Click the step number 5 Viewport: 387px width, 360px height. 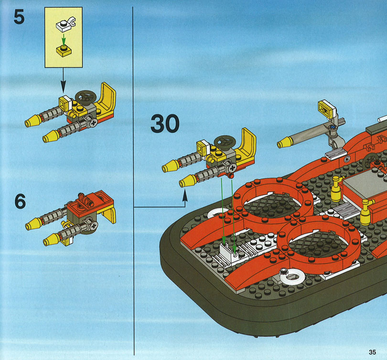pyautogui.click(x=19, y=17)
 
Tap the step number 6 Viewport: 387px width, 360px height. pyautogui.click(x=20, y=201)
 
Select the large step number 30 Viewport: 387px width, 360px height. pyautogui.click(x=165, y=124)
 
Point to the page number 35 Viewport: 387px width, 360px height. pyautogui.click(x=372, y=352)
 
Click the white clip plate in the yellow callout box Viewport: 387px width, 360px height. pyautogui.click(x=65, y=24)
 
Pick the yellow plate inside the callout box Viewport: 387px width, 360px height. pyautogui.click(x=64, y=51)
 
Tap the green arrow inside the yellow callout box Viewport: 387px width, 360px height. pyautogui.click(x=64, y=40)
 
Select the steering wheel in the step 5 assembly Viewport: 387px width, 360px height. pyautogui.click(x=86, y=97)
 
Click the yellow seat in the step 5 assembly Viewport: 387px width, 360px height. pyautogui.click(x=106, y=100)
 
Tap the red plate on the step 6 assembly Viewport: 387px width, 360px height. pyautogui.click(x=90, y=201)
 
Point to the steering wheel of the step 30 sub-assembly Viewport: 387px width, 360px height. pyautogui.click(x=225, y=142)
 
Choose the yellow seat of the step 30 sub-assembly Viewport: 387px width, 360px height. pyautogui.click(x=246, y=146)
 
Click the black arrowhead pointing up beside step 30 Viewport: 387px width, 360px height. pyautogui.click(x=184, y=196)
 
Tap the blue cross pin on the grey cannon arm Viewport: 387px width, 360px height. pyautogui.click(x=333, y=127)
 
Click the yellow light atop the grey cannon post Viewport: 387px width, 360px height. pyautogui.click(x=326, y=109)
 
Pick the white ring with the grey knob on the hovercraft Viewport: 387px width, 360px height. pyautogui.click(x=292, y=276)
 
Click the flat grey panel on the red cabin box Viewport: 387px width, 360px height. pyautogui.click(x=364, y=183)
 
